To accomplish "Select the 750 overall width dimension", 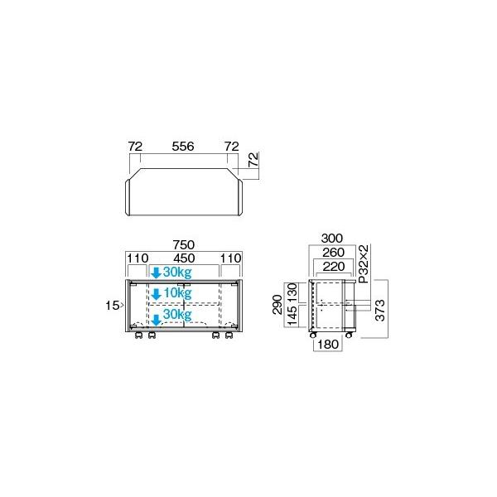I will (x=183, y=244).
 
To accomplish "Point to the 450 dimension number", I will (x=183, y=258).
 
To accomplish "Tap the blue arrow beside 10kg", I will (x=156, y=292).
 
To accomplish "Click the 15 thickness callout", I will (x=113, y=305).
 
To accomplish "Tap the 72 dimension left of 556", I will (x=134, y=146).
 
